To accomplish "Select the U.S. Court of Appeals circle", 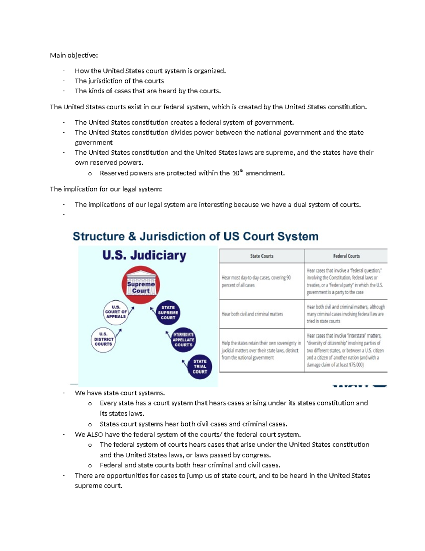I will pos(116,312).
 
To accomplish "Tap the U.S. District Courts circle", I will pos(103,340).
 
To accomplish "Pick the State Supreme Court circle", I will pos(168,313).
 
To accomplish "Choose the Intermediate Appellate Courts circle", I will pos(183,340).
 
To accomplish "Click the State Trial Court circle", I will pos(200,367).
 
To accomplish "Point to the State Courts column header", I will pos(262,256).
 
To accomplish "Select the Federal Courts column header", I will pos(346,256).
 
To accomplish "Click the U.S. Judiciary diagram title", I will pos(144,255).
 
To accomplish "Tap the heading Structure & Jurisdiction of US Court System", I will pos(195,236).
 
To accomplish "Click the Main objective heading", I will pos(74,55).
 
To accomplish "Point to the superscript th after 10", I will pos(242,171).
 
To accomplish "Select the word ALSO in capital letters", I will pos(95,435).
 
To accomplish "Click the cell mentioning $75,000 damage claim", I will pos(345,350).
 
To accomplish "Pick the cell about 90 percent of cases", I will pos(261,281).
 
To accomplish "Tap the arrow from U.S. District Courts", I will pos(118,333).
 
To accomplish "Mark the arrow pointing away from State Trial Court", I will pos(184,363).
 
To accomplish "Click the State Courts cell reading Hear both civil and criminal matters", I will pos(261,314).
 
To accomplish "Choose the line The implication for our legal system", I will pos(106,189).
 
